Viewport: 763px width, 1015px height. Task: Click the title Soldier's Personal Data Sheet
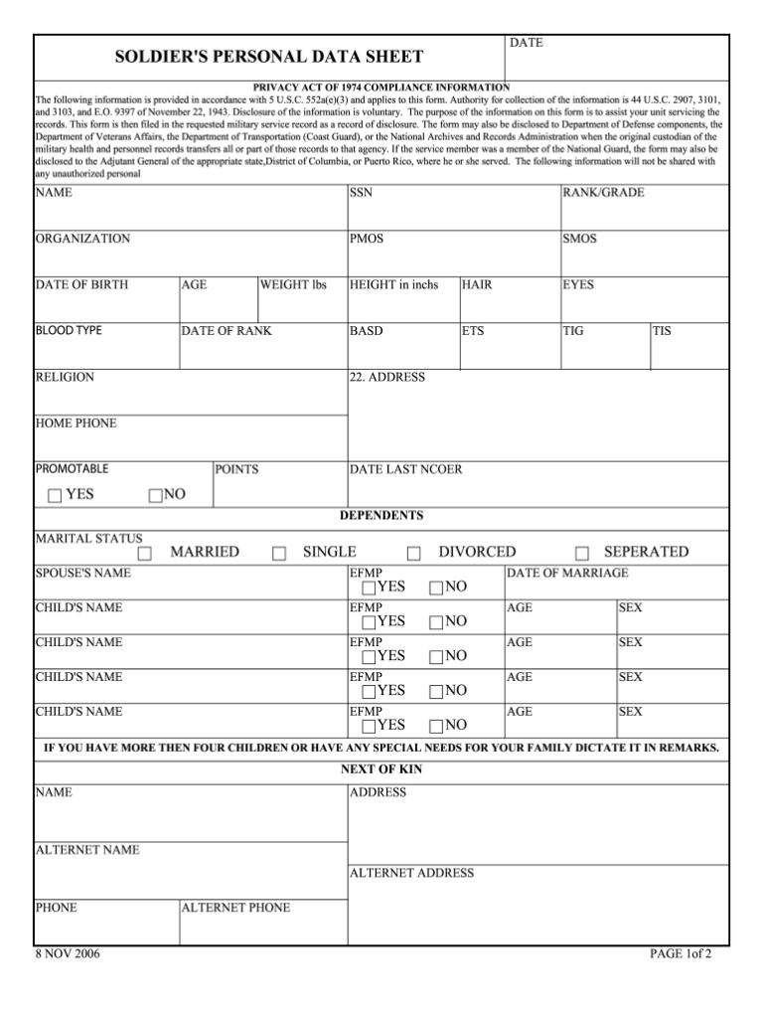269,58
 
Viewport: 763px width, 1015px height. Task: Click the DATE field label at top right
526,44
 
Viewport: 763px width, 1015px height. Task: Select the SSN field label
361,193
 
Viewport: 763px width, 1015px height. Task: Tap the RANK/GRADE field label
603,193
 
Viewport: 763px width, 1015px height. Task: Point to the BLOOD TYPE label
69,330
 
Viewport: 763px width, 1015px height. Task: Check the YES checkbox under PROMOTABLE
54,496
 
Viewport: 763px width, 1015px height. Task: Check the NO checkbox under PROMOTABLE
155,496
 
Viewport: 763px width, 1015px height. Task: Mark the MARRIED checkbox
145,554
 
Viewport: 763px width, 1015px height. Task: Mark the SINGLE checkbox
279,554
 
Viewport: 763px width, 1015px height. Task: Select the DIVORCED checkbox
414,554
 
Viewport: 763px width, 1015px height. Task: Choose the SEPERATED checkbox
582,554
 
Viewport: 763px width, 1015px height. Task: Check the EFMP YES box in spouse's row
370,589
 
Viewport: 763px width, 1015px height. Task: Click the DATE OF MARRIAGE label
567,574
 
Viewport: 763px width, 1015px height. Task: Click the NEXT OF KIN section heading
381,769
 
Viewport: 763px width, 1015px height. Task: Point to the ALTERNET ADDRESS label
411,874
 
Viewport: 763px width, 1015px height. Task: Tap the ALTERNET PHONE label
235,908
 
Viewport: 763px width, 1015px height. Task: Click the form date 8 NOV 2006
68,954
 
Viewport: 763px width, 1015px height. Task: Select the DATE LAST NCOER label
405,469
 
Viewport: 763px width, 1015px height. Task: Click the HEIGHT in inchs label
393,285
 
